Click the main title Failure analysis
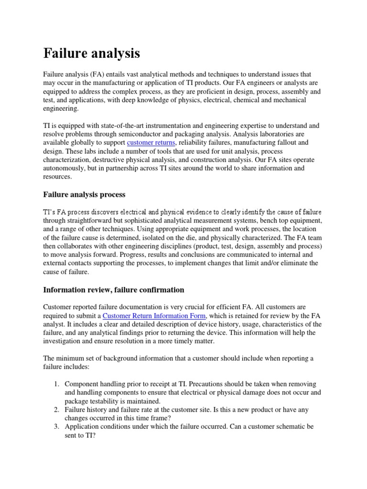(x=92, y=53)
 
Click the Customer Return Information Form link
(x=154, y=316)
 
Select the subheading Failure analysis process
(x=84, y=194)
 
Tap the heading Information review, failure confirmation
(x=114, y=289)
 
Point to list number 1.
(x=55, y=384)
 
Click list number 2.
(x=55, y=409)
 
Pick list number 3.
(x=55, y=426)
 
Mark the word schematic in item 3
(x=285, y=426)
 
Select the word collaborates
(x=77, y=246)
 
